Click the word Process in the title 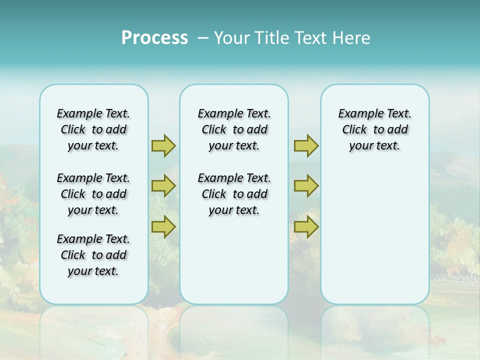[x=154, y=37]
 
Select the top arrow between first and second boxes [x=163, y=145]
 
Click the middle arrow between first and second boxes [x=163, y=186]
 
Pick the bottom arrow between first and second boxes [x=163, y=226]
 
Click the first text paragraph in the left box [x=93, y=129]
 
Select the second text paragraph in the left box [x=93, y=194]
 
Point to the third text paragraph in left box [x=93, y=255]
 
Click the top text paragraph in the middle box [x=234, y=129]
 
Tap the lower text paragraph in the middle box [x=234, y=194]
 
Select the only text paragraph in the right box [x=375, y=129]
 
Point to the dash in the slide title [x=203, y=38]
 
